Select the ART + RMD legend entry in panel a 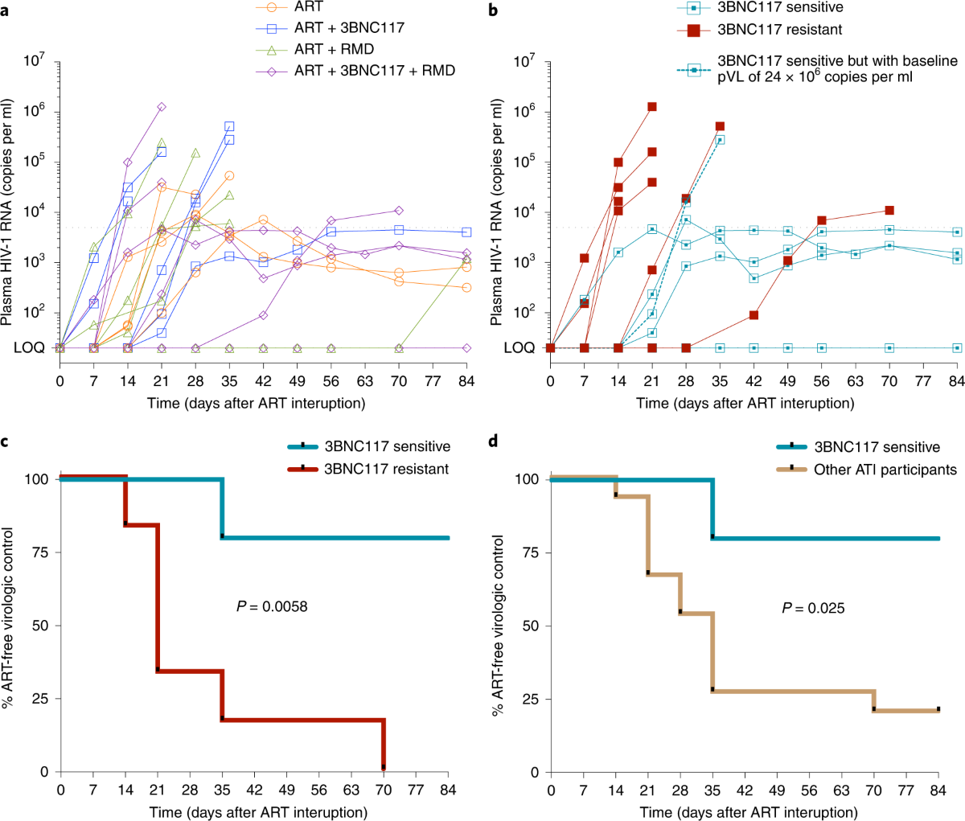pyautogui.click(x=334, y=49)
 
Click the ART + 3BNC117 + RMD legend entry pyautogui.click(x=374, y=71)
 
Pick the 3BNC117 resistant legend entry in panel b pyautogui.click(x=779, y=30)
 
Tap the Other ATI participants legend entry pyautogui.click(x=885, y=470)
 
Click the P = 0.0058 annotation pyautogui.click(x=272, y=605)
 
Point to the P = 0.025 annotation pyautogui.click(x=814, y=608)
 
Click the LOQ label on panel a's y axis pyautogui.click(x=29, y=348)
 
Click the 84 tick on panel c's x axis pyautogui.click(x=449, y=790)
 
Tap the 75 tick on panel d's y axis pyautogui.click(x=530, y=552)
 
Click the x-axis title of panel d pyautogui.click(x=749, y=811)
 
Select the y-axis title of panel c pyautogui.click(x=8, y=618)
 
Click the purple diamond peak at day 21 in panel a pyautogui.click(x=162, y=107)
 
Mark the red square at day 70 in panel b pyautogui.click(x=889, y=210)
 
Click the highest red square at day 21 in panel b pyautogui.click(x=652, y=107)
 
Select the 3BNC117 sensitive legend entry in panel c pyautogui.click(x=387, y=446)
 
